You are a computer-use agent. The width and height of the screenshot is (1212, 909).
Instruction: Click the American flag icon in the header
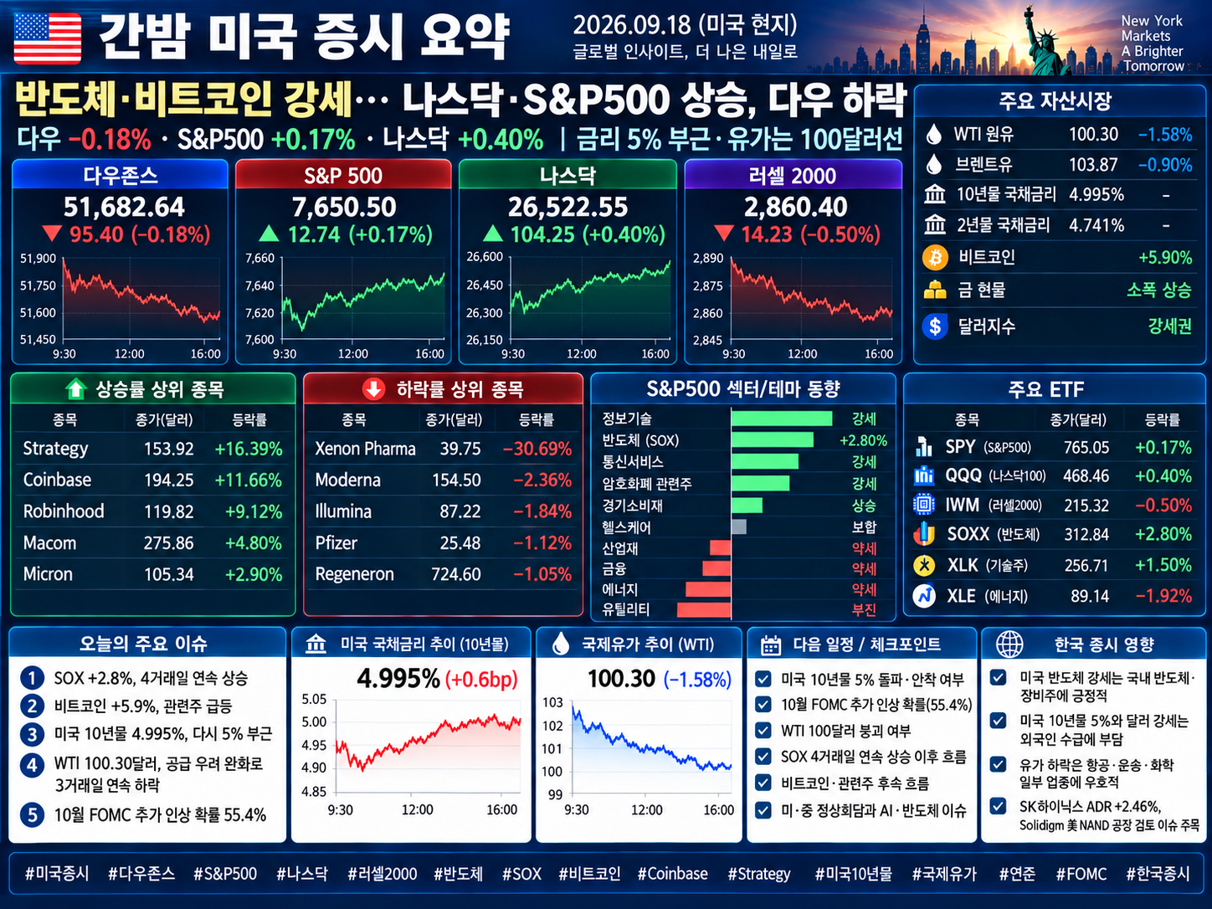47,39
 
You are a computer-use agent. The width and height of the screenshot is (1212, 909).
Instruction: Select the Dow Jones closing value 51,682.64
124,207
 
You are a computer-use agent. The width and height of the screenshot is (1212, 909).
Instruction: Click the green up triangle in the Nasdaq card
492,234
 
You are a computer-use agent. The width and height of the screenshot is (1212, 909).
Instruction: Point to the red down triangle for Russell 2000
723,234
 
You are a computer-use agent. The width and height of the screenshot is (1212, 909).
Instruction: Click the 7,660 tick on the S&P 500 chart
259,259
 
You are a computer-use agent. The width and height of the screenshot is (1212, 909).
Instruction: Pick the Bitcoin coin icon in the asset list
935,257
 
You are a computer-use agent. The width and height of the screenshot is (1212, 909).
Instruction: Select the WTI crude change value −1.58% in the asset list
1165,135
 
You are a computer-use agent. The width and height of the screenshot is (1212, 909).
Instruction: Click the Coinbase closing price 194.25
169,480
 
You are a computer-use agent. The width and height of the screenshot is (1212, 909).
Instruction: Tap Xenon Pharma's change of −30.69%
537,449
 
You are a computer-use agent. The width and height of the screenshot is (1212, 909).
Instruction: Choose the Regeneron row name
355,574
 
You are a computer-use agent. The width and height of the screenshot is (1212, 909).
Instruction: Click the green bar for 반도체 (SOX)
773,440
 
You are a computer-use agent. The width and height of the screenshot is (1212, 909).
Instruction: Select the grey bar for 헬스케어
739,526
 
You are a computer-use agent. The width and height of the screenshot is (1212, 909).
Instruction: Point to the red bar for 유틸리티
704,610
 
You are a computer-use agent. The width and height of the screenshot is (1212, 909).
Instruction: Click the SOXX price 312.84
1086,535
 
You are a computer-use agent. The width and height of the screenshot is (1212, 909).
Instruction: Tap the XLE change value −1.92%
1163,596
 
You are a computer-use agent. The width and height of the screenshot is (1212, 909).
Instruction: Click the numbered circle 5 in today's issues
32,814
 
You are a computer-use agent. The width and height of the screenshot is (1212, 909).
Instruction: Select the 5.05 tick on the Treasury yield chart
314,699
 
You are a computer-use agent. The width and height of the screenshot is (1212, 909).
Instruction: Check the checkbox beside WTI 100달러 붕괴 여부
763,730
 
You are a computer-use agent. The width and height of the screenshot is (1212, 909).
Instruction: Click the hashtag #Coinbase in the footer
672,874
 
